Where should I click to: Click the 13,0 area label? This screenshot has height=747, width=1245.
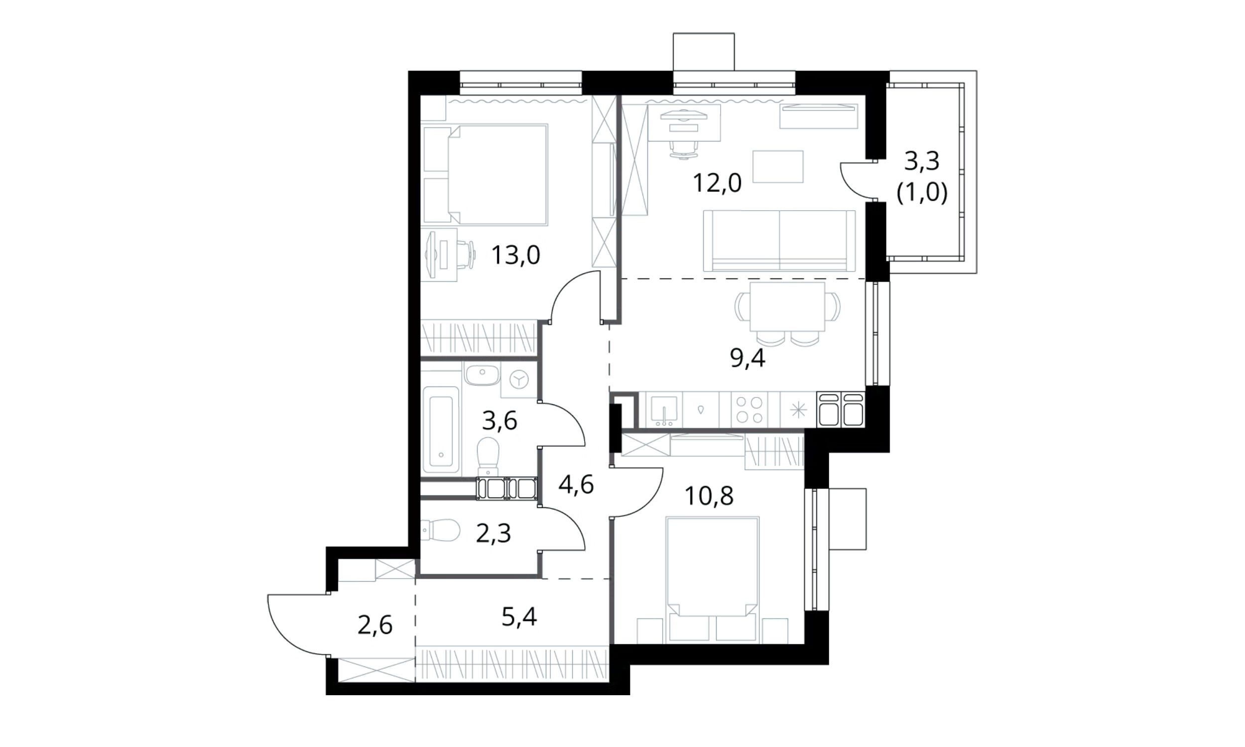516,255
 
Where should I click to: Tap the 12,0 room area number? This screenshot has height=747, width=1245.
717,183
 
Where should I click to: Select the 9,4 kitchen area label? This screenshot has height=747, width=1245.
748,359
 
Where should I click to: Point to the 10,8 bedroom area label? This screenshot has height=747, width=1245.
709,496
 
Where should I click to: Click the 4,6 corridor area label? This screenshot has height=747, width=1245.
576,485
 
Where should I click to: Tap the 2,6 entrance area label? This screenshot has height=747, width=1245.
375,625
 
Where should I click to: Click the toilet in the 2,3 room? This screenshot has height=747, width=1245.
441,530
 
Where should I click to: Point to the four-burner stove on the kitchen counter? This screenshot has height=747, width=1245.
749,410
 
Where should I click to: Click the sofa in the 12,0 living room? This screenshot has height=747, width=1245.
779,241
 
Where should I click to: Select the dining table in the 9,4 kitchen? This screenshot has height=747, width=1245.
787,307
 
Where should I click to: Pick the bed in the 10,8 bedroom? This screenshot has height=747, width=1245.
712,580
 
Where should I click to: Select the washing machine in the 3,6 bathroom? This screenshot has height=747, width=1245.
518,379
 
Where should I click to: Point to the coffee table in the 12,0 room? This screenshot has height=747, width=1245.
777,167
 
